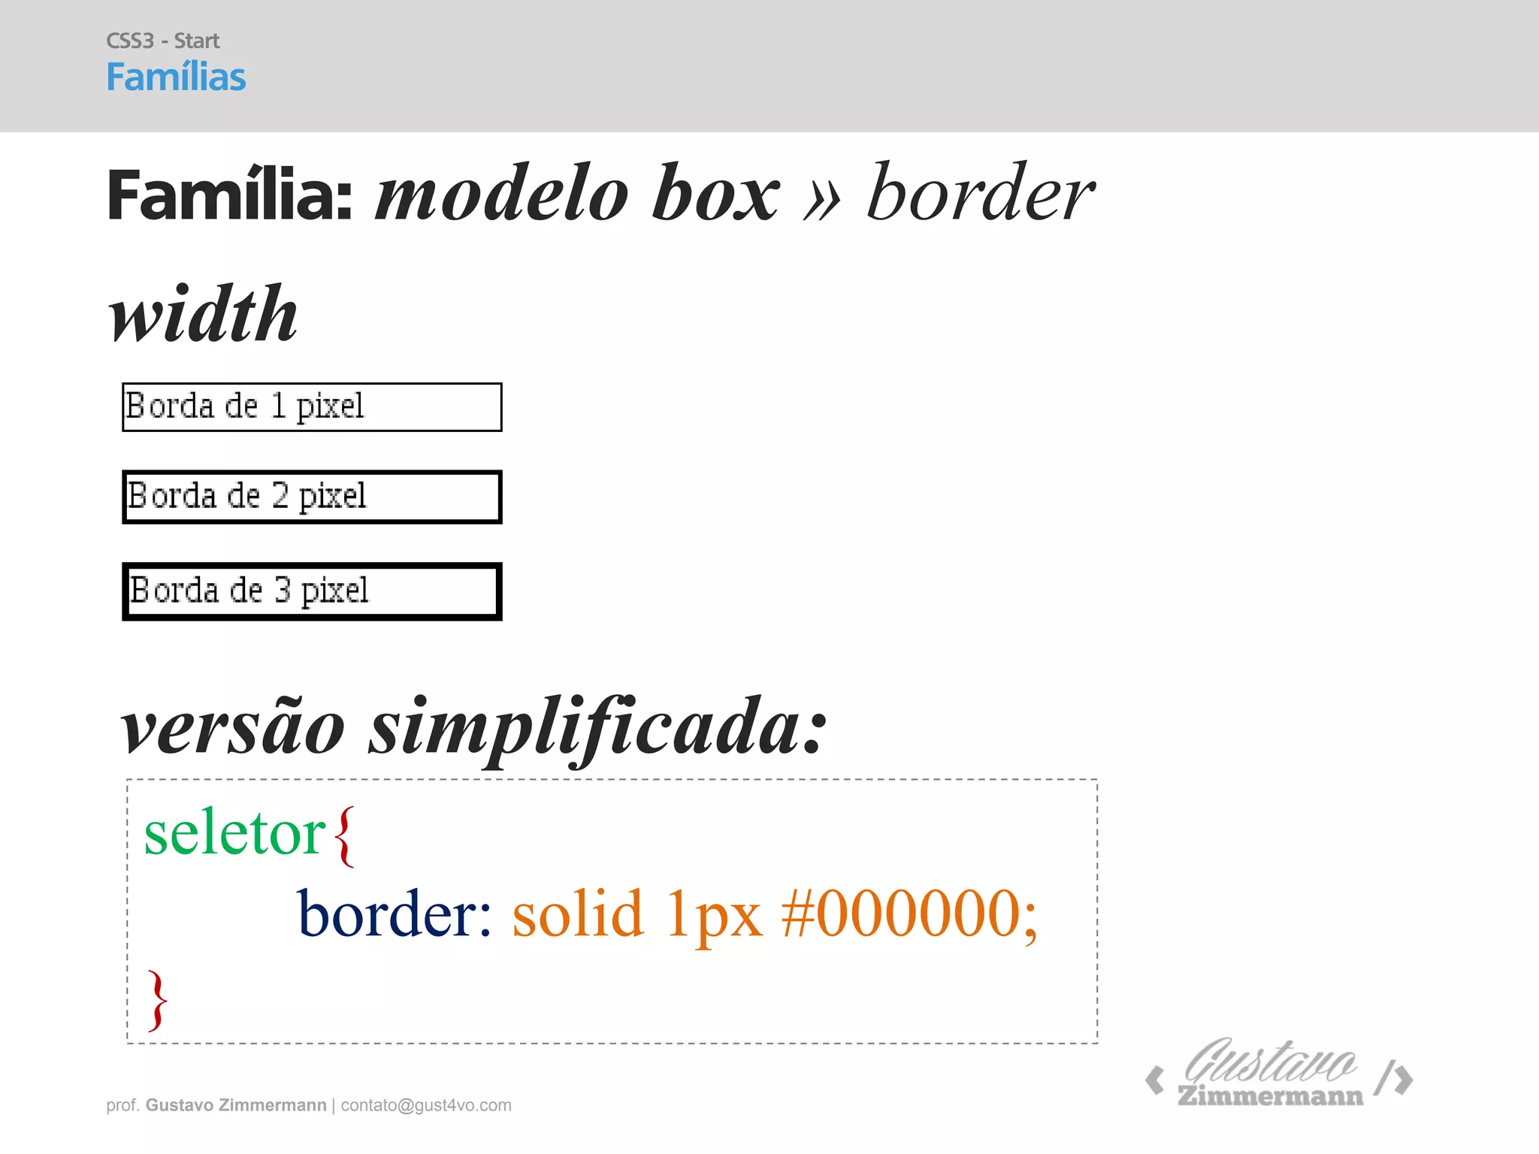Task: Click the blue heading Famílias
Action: pyautogui.click(x=176, y=77)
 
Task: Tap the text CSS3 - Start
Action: pyautogui.click(x=162, y=41)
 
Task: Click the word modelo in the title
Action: pyautogui.click(x=501, y=195)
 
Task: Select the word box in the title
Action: pyautogui.click(x=715, y=193)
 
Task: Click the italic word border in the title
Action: pyautogui.click(x=980, y=193)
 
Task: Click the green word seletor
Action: pyautogui.click(x=234, y=834)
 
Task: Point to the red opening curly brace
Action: pyautogui.click(x=344, y=835)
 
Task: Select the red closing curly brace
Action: pyautogui.click(x=157, y=1000)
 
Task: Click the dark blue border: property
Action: pyautogui.click(x=394, y=914)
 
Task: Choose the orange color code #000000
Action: pyautogui.click(x=909, y=914)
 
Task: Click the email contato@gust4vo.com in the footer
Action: pyautogui.click(x=426, y=1105)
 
